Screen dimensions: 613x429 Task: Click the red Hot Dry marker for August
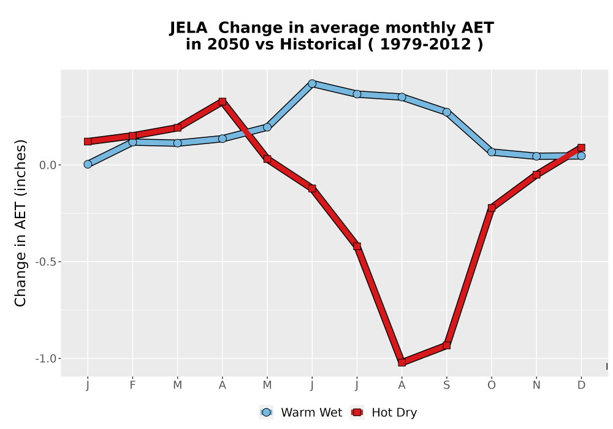tap(402, 362)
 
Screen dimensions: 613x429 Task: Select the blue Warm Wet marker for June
tap(312, 83)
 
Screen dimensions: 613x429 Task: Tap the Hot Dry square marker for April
tap(223, 102)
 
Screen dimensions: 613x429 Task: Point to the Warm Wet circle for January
tap(88, 164)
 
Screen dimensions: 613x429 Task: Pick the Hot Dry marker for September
tap(446, 346)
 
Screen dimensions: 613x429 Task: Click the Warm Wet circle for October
tap(492, 152)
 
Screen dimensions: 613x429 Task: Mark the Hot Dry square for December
tap(581, 148)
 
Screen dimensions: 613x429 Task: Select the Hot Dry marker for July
tap(357, 246)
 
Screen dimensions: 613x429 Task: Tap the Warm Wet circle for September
tap(446, 112)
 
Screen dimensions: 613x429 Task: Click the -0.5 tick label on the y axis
tap(46, 262)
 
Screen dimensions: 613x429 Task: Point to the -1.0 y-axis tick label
tap(46, 359)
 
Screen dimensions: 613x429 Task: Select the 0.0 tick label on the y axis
tap(48, 165)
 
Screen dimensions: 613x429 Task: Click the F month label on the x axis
tap(132, 385)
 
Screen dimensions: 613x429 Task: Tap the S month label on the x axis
tap(446, 385)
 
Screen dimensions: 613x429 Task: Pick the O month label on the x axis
tap(492, 385)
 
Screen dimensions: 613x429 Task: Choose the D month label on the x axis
tap(581, 385)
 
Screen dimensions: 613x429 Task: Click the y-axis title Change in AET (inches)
tap(20, 223)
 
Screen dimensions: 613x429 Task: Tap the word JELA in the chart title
tap(188, 28)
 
